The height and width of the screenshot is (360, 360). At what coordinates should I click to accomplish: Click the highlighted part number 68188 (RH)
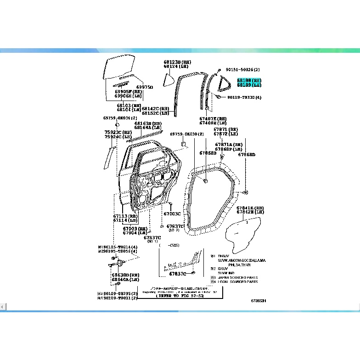pos(249,80)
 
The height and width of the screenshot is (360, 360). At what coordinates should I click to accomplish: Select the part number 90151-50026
pos(242,70)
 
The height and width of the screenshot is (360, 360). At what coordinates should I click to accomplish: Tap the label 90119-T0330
pos(244,97)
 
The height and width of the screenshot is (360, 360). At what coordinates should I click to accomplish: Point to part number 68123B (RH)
pos(177,62)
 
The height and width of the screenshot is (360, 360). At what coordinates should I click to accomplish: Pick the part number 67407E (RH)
pos(213,118)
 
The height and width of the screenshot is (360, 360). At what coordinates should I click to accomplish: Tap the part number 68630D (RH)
pos(125,275)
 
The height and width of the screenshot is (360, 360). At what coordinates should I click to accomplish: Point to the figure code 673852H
pos(258,301)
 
